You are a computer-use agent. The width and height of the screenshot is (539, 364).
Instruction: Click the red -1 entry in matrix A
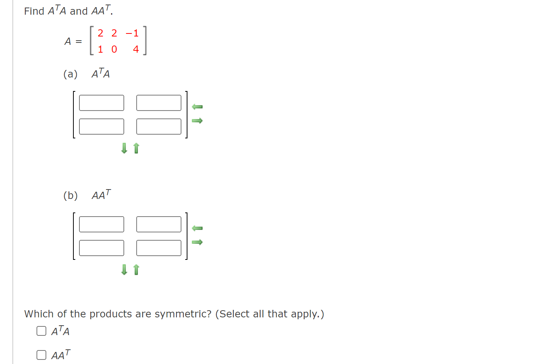[132, 33]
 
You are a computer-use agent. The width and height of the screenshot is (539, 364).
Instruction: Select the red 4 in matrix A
[136, 49]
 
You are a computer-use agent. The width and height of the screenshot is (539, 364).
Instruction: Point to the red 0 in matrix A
[114, 49]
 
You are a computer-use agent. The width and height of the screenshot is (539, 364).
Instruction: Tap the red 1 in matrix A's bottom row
[100, 49]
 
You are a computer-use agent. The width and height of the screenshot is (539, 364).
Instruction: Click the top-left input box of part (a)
[102, 103]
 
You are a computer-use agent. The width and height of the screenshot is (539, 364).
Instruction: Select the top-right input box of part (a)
[159, 103]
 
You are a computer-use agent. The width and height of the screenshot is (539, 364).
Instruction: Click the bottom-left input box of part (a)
[102, 127]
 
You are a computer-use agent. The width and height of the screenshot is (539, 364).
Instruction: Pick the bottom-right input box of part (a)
[159, 127]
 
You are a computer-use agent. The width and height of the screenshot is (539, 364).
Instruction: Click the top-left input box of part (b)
[102, 224]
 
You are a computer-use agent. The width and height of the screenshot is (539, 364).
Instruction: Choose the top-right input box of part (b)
[159, 224]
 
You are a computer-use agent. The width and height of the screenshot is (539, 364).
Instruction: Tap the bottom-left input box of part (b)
[102, 248]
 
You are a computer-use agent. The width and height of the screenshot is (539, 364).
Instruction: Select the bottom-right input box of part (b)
[159, 248]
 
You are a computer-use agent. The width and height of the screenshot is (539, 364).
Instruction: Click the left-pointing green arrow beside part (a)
[197, 107]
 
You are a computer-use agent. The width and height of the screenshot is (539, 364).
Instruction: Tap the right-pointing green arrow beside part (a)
[197, 121]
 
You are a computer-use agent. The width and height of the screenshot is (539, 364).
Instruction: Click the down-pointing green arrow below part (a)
[124, 148]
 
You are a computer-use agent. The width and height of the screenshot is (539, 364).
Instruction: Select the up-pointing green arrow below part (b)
[136, 270]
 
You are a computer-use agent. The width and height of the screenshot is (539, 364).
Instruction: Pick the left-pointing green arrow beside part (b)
[197, 228]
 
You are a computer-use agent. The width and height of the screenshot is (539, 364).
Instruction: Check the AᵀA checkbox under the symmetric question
[41, 331]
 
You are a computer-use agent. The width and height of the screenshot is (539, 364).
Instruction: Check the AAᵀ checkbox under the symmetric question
[41, 355]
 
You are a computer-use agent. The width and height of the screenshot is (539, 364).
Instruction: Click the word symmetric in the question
[183, 314]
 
